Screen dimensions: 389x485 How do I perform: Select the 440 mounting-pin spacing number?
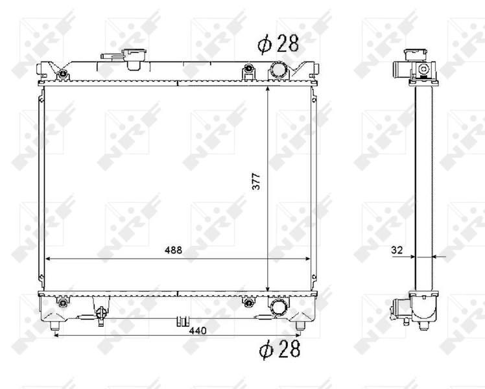(197, 331)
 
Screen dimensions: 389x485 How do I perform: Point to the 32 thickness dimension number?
(397, 249)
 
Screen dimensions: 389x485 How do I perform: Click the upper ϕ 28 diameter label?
(278, 44)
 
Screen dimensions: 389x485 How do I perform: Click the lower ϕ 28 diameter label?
(279, 349)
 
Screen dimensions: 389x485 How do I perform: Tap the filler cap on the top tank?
(136, 58)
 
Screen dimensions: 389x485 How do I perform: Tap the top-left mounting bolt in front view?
(62, 73)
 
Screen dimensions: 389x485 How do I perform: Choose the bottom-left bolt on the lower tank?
(62, 303)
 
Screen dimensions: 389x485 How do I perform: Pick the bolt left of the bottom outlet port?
(247, 302)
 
